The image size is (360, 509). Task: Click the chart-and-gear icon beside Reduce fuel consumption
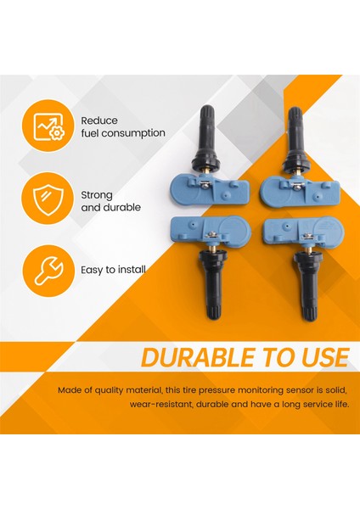coord(48,127)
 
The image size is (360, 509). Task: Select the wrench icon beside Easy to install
coord(48,270)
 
